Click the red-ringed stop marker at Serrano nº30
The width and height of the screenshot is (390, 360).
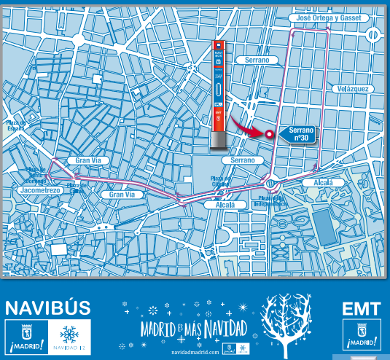tap(269, 134)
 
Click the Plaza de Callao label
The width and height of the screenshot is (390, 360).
tap(77, 188)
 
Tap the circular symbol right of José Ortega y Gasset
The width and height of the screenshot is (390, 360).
tap(373, 34)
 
